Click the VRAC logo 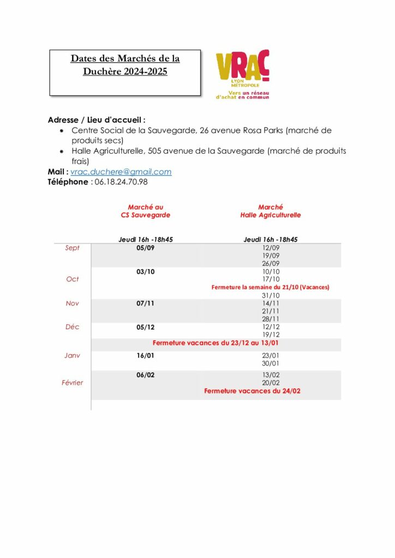click(x=242, y=74)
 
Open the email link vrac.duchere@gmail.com click(x=121, y=172)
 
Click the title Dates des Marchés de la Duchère click(x=125, y=65)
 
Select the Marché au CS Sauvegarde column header click(x=145, y=211)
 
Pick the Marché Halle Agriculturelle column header click(x=271, y=211)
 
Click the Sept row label click(x=72, y=248)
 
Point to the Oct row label click(x=72, y=279)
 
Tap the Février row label click(x=72, y=383)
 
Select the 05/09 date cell click(x=146, y=248)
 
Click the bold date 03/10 click(x=146, y=272)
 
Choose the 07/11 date click(x=146, y=303)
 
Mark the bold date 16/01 click(x=146, y=355)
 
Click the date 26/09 click(x=271, y=264)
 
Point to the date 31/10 click(x=271, y=295)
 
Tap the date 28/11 click(x=271, y=319)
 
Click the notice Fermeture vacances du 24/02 click(x=252, y=391)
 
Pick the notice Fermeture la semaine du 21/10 click(x=271, y=287)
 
